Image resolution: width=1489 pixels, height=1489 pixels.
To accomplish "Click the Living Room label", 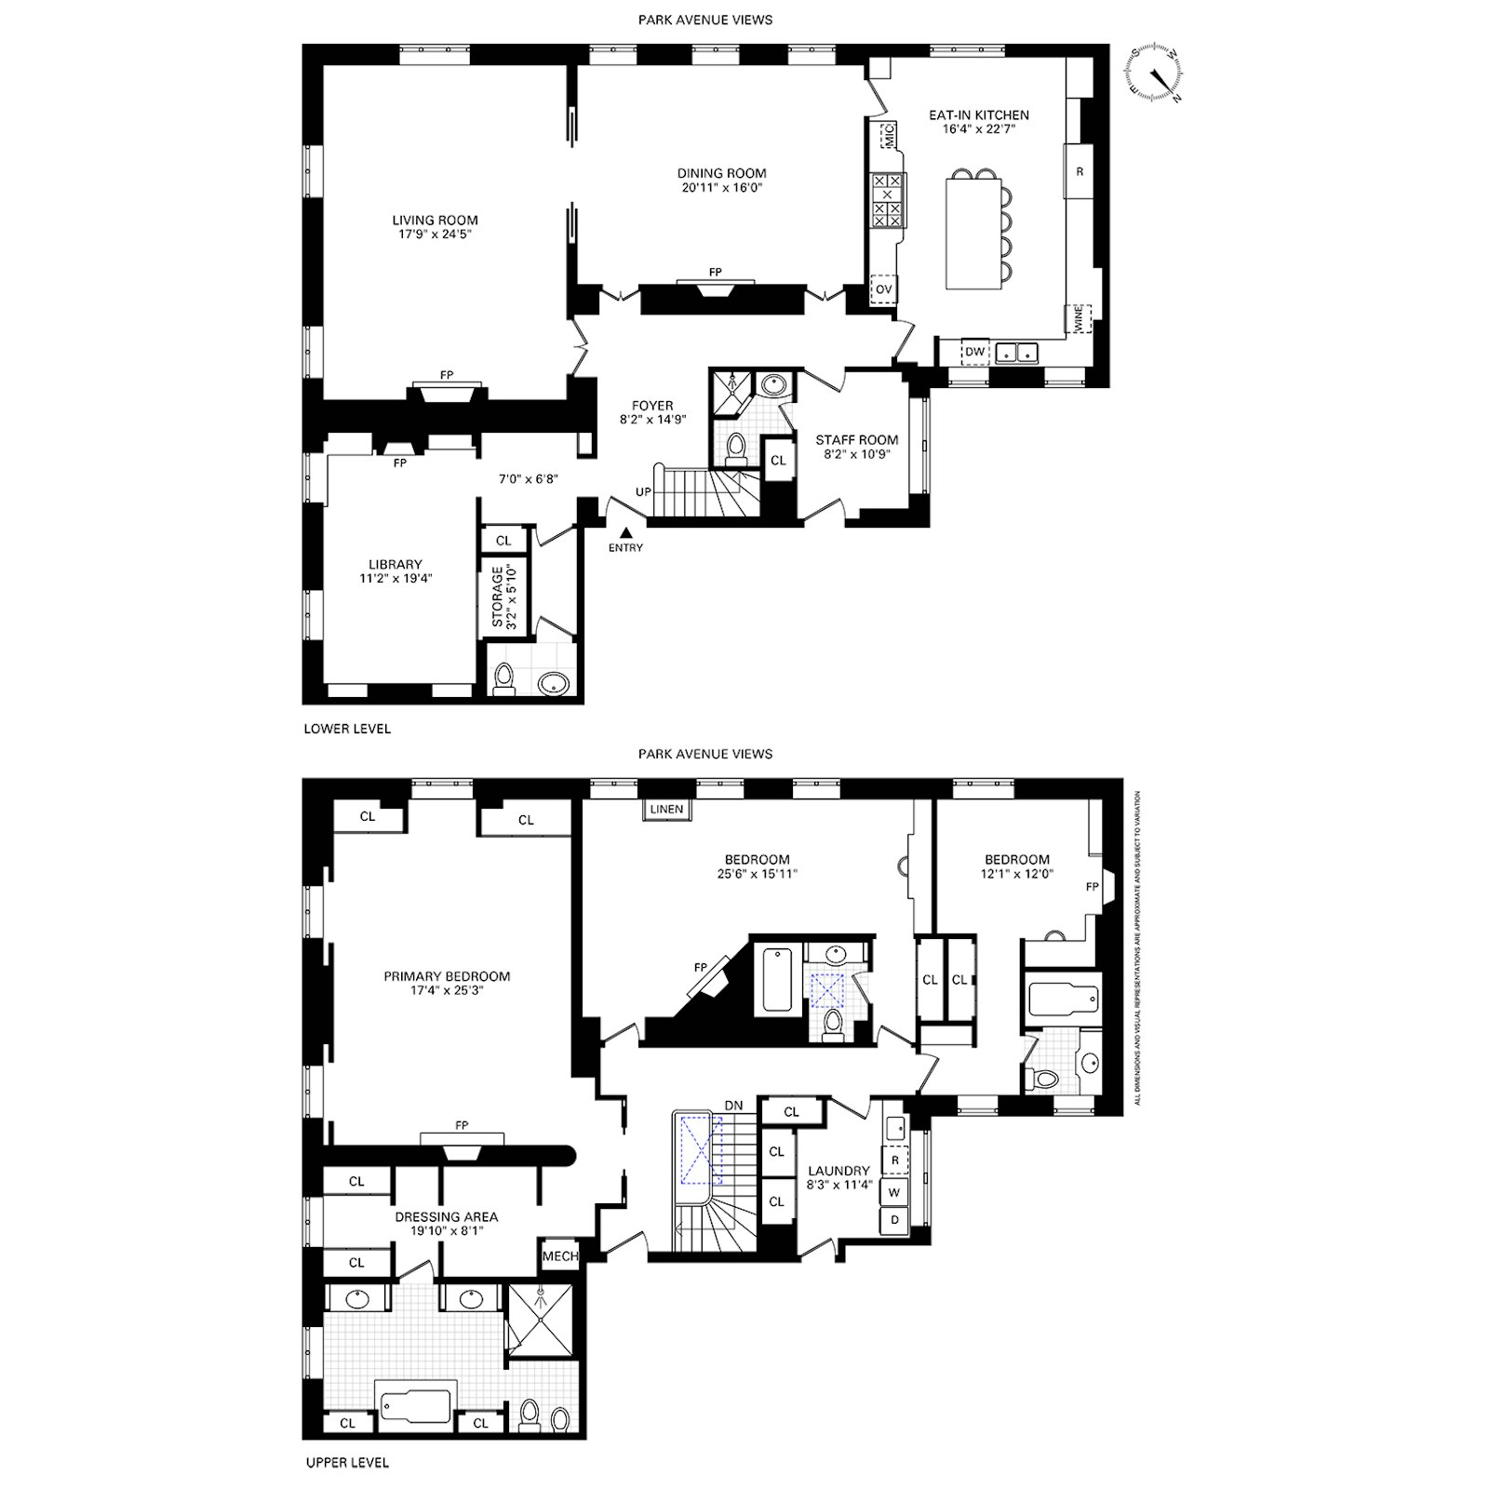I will pos(435,221).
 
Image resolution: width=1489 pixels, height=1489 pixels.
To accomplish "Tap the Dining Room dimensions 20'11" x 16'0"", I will pos(721,187).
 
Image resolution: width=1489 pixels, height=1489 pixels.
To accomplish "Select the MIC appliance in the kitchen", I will pos(887,136).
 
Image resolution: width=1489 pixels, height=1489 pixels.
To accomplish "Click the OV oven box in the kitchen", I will pos(883,289).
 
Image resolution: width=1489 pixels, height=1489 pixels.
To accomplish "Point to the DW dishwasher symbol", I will pos(974,352).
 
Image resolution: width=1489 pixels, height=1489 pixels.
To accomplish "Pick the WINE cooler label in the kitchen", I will pos(1079,319).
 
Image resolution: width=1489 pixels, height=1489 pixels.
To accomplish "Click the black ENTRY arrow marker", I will pos(626,533).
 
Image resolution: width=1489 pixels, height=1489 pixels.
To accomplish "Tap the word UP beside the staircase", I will pos(643,491).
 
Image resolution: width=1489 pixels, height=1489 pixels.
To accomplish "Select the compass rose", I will pos(1154,72).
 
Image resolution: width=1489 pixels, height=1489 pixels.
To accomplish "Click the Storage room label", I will pos(497,597).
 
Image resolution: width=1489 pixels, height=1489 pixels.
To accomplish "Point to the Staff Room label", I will pos(857,440).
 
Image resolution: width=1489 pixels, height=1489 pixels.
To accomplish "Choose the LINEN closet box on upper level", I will pos(666,810).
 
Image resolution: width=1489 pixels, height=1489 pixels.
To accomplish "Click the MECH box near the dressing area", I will pos(560,1255).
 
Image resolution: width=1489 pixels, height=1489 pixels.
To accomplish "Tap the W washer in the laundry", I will pos(894,1192).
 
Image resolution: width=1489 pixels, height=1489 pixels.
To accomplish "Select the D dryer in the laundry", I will pos(894,1219).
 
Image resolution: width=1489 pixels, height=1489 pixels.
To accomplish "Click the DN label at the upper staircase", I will pos(733,1105).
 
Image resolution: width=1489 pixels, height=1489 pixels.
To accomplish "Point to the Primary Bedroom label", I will pos(447,976).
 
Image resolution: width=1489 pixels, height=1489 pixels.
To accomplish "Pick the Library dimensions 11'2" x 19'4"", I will pos(396,578).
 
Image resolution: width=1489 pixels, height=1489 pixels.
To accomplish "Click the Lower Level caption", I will pos(347,729).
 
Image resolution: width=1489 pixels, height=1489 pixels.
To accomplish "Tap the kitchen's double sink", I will pos(1016,353).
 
